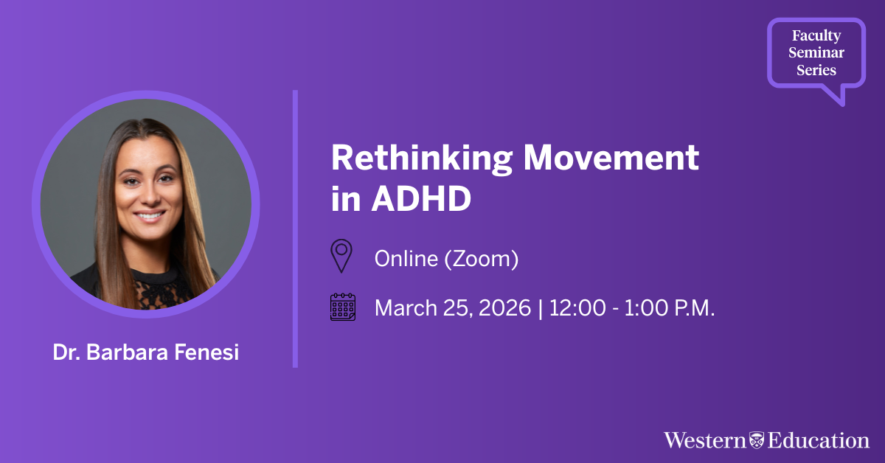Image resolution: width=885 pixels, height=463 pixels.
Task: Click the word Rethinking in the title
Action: pos(422,159)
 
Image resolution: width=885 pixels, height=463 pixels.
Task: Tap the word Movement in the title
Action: pos(611,157)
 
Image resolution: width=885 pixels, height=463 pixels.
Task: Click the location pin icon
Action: pos(341,256)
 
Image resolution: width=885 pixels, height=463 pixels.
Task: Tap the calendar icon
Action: pos(343,307)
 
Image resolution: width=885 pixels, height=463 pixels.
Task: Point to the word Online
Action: pos(406,259)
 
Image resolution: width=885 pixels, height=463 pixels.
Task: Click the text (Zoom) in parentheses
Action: pos(482,260)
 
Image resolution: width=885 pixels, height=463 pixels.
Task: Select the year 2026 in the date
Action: pos(504,307)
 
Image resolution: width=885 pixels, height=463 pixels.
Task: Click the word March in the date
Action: pos(406,307)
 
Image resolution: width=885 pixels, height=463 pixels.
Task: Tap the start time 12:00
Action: pos(577,307)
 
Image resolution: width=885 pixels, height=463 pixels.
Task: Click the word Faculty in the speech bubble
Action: pos(816,35)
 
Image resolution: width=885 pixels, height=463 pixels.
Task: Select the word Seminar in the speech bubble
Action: pos(816,52)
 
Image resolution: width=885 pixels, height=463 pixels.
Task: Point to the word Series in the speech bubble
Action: pos(816,70)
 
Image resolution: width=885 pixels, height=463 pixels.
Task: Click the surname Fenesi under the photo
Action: pos(206,352)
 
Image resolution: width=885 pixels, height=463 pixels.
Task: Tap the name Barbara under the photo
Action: pos(126,352)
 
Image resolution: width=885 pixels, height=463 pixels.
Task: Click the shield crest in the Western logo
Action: pos(757,440)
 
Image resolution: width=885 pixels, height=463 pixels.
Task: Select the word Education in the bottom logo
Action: pos(818,440)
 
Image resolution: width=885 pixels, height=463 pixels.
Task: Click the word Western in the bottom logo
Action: pos(704,440)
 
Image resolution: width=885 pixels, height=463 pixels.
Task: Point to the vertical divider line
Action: pos(295,229)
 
